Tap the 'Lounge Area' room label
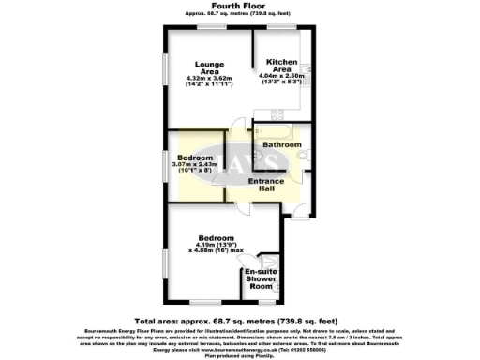210,67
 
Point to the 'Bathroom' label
281,145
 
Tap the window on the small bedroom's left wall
167,169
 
